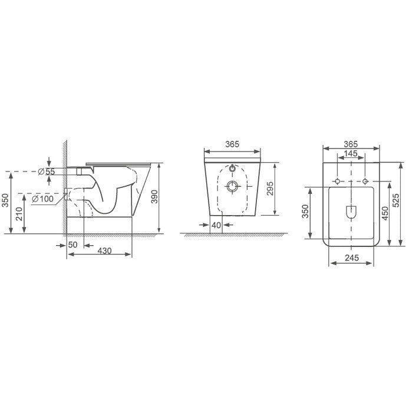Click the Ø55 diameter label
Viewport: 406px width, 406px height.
point(47,171)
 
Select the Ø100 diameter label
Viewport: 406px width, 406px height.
point(43,199)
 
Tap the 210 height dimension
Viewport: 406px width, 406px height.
point(19,214)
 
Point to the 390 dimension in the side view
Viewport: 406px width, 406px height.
point(154,197)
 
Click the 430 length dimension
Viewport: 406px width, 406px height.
point(105,250)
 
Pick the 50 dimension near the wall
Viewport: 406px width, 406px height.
point(72,245)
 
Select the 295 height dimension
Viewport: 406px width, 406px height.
point(269,189)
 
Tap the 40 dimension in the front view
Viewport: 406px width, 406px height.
point(216,225)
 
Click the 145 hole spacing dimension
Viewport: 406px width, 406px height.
point(351,154)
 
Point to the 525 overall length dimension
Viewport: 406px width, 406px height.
point(396,200)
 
